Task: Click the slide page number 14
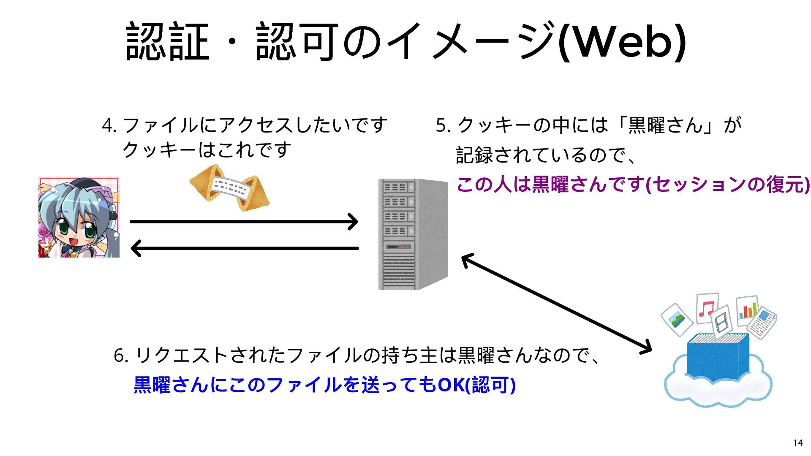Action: pyautogui.click(x=797, y=442)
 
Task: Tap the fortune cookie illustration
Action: pyautogui.click(x=229, y=187)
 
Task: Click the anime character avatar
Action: pyautogui.click(x=79, y=217)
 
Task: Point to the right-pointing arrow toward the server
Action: pyautogui.click(x=244, y=222)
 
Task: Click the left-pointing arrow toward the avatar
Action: pyautogui.click(x=244, y=248)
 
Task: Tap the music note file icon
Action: pyautogui.click(x=707, y=308)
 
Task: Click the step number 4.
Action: pyautogui.click(x=108, y=125)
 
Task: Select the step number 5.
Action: pyautogui.click(x=442, y=125)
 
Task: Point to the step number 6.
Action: pyautogui.click(x=120, y=356)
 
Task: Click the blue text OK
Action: pyautogui.click(x=450, y=385)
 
